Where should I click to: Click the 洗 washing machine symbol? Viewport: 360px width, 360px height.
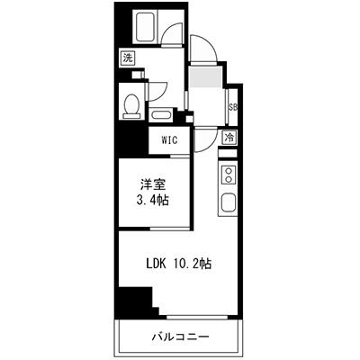pyautogui.click(x=128, y=58)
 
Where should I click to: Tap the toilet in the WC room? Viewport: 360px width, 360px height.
pyautogui.click(x=131, y=106)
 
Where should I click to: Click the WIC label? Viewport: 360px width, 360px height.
pyautogui.click(x=170, y=139)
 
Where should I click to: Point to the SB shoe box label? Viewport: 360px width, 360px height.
pyautogui.click(x=233, y=107)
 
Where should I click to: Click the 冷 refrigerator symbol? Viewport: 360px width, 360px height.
pyautogui.click(x=229, y=138)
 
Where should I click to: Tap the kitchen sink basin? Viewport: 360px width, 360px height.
pyautogui.click(x=228, y=202)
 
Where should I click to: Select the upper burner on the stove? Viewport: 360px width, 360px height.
pyautogui.click(x=229, y=171)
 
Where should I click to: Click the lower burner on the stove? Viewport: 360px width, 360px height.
pyautogui.click(x=229, y=179)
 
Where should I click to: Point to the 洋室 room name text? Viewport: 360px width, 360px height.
pyautogui.click(x=153, y=185)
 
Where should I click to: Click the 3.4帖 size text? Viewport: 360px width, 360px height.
pyautogui.click(x=152, y=200)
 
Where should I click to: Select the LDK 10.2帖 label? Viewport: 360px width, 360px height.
pyautogui.click(x=179, y=264)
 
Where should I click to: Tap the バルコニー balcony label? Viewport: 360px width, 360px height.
pyautogui.click(x=180, y=337)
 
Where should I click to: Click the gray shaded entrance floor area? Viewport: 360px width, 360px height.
pyautogui.click(x=205, y=77)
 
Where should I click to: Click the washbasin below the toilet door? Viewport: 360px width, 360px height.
pyautogui.click(x=161, y=115)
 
